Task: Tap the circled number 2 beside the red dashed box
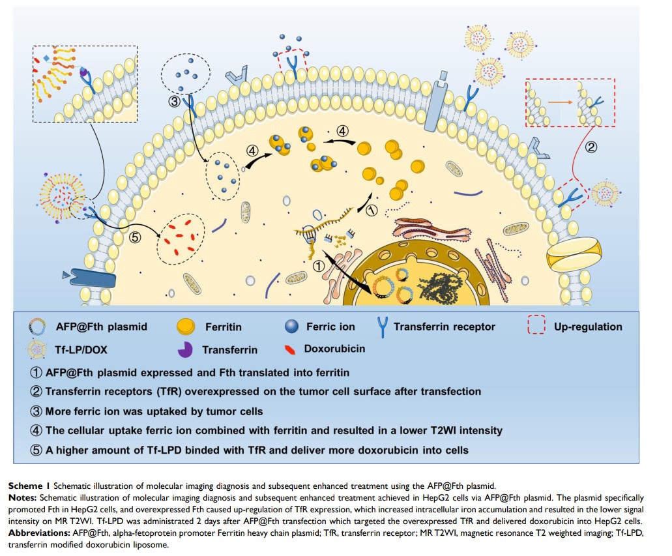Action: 591,147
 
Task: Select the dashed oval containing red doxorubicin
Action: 181,241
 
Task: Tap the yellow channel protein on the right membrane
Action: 574,256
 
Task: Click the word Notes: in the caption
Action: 23,496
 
